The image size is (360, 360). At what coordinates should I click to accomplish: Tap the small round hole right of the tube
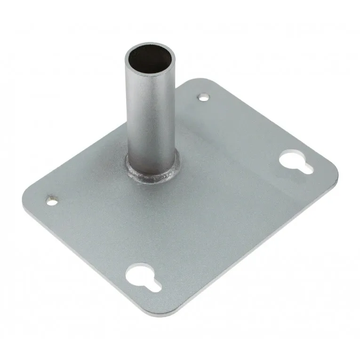203,97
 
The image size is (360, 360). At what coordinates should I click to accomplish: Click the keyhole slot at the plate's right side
296,161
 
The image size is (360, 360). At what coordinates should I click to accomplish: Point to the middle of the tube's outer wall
150,118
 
